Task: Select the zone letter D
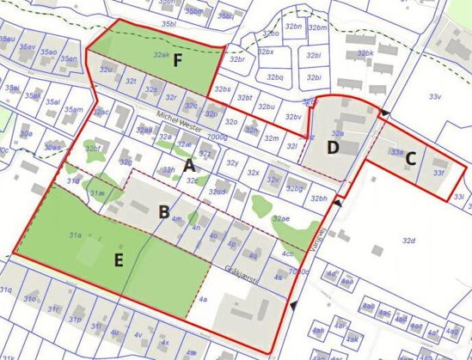click(333, 147)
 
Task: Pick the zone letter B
click(163, 211)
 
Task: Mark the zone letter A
click(189, 165)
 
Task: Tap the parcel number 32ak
click(161, 53)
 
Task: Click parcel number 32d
click(408, 241)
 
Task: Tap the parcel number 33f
click(438, 172)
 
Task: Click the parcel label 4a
click(203, 299)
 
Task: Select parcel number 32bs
click(224, 89)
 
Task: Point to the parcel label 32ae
click(280, 219)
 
